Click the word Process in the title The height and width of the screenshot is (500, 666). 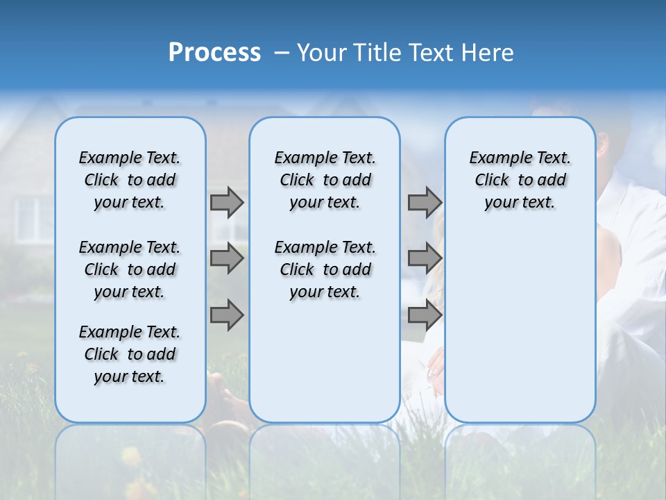pyautogui.click(x=214, y=53)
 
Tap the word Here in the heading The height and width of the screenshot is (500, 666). pyautogui.click(x=486, y=53)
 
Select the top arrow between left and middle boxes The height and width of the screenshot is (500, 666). pyautogui.click(x=226, y=202)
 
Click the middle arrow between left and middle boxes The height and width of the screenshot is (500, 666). pyautogui.click(x=226, y=258)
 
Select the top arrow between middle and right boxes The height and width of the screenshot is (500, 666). pyautogui.click(x=424, y=202)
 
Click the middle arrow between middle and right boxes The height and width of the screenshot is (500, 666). pyautogui.click(x=424, y=258)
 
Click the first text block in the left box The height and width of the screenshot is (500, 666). pyautogui.click(x=130, y=180)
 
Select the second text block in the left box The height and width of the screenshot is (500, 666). pyautogui.click(x=130, y=269)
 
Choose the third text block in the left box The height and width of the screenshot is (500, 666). pyautogui.click(x=130, y=354)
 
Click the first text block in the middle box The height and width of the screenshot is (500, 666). pyautogui.click(x=325, y=180)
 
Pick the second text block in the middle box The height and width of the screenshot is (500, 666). pyautogui.click(x=325, y=269)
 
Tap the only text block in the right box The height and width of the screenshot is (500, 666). pyautogui.click(x=520, y=180)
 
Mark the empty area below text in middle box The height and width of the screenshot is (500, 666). pyautogui.click(x=325, y=361)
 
